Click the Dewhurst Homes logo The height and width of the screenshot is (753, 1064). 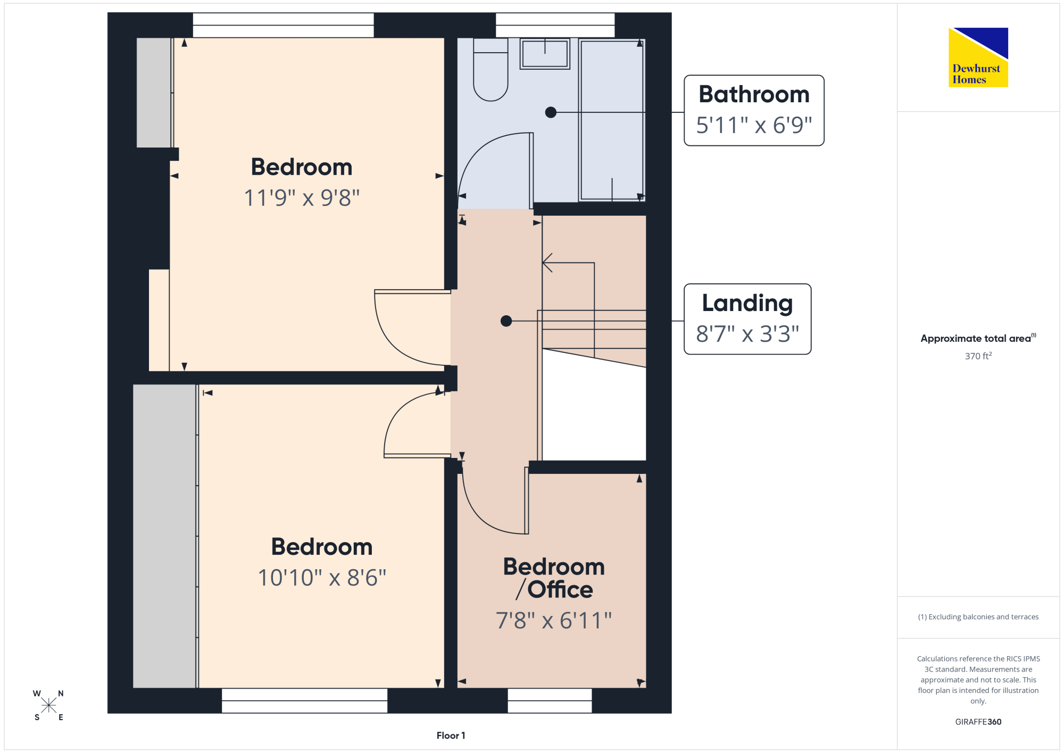pos(978,57)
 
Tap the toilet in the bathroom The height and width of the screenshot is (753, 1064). pos(491,69)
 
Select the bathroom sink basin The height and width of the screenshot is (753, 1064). pos(545,53)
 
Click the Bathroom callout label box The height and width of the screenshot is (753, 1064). pos(754,110)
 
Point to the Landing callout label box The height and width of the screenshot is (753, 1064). pos(747,319)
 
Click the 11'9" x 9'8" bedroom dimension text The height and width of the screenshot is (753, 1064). pos(302,198)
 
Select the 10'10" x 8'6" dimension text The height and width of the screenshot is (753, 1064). pos(322,578)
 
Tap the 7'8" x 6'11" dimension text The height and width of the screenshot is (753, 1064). pos(554,620)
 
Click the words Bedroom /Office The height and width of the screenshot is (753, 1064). pos(554,578)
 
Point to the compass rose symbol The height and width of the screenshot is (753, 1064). pos(48,706)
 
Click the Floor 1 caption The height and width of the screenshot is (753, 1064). pos(451,735)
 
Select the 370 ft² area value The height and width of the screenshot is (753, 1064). pos(978,356)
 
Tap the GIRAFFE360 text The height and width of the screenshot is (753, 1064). pos(978,722)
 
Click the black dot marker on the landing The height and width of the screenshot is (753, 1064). pos(506,321)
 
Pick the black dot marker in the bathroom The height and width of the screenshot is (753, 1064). pos(551,112)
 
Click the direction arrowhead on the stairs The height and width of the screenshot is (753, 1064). pos(547,263)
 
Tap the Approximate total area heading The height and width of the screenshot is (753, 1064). pos(978,338)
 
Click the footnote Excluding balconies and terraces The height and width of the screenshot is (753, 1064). pos(978,617)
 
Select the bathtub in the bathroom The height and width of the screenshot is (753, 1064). pos(612,120)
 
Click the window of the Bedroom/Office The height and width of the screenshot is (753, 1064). pos(550,701)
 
